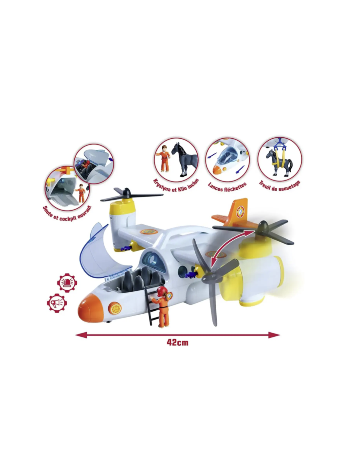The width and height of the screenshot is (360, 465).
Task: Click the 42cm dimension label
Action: click(x=177, y=342)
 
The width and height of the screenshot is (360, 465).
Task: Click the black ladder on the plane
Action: click(x=152, y=304)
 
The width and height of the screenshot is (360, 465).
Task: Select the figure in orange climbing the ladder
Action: click(x=162, y=306)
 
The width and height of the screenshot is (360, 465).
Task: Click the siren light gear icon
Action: click(x=67, y=283)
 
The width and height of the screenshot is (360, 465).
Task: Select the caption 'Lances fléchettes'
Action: click(x=227, y=187)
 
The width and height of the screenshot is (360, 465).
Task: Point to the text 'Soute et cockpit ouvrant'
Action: click(x=67, y=213)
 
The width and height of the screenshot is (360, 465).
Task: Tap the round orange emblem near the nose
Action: click(x=115, y=308)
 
